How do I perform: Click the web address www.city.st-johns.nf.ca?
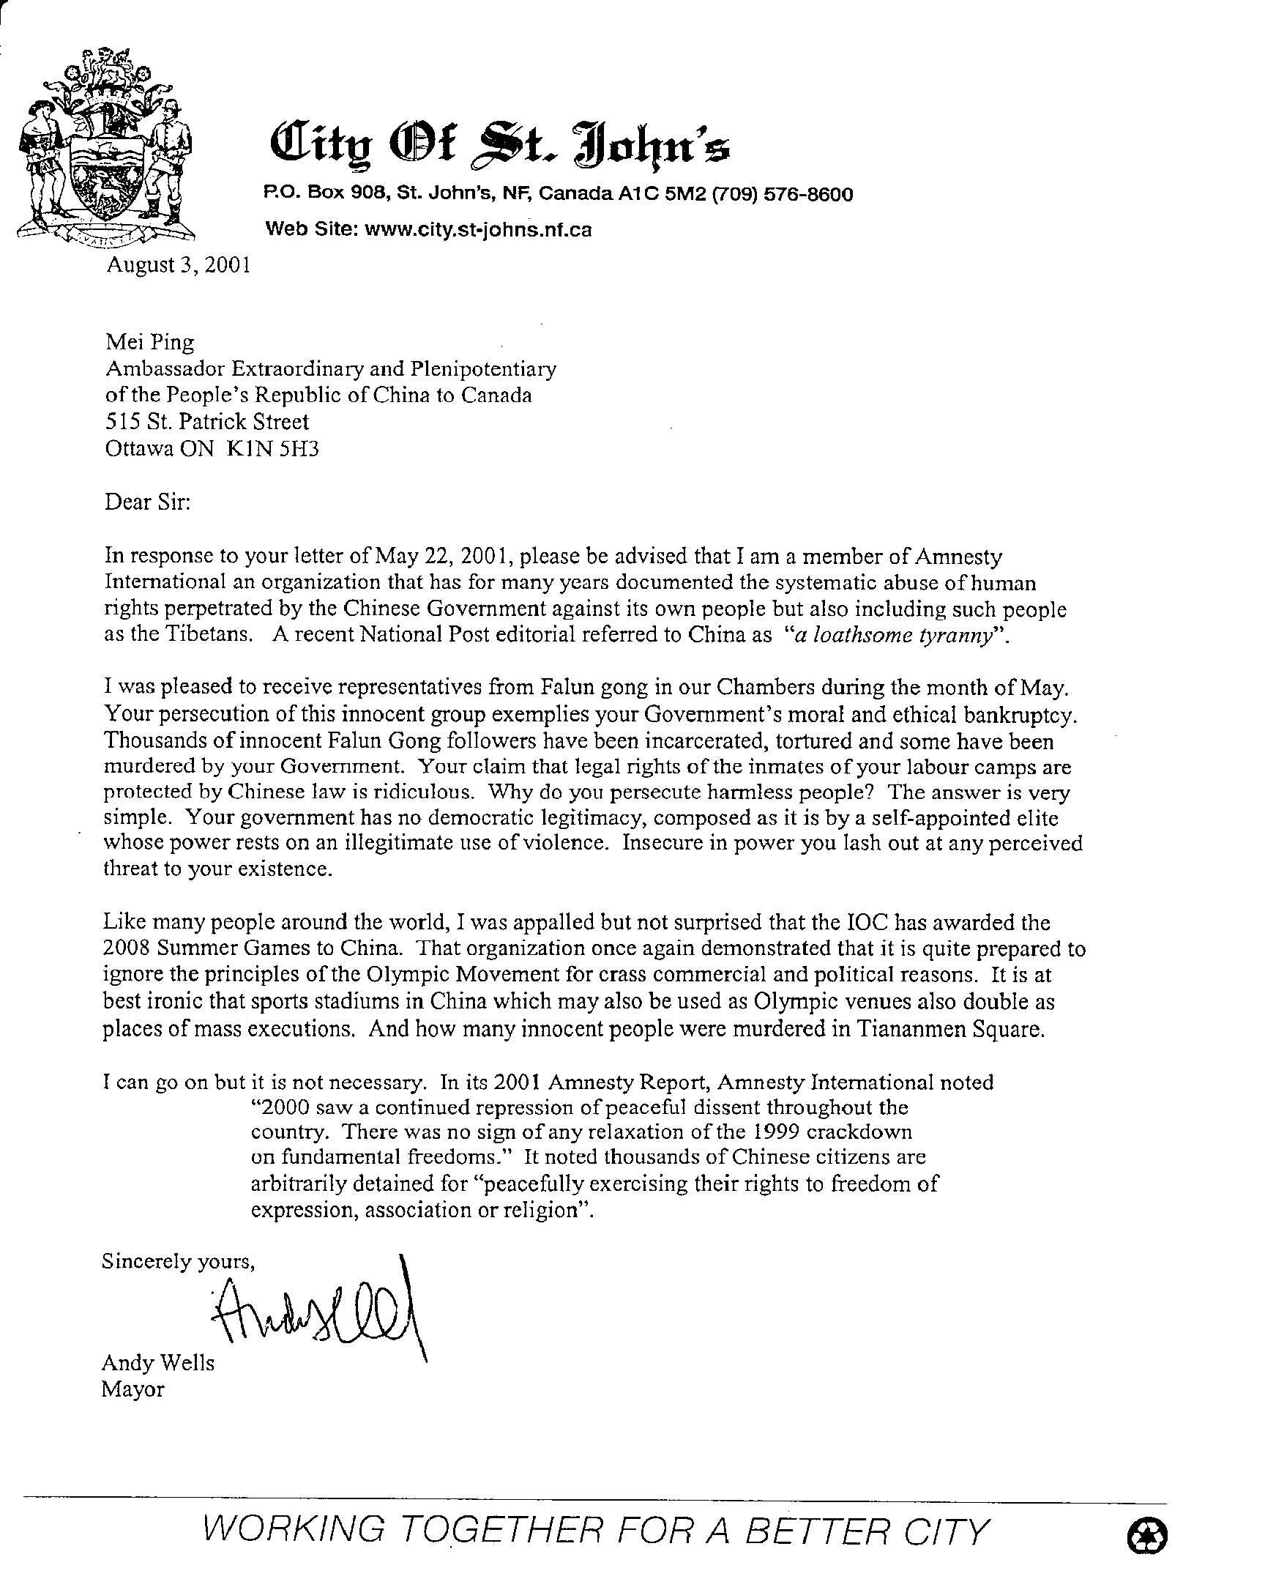tap(477, 230)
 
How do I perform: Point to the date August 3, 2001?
tap(179, 264)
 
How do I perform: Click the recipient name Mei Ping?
tap(151, 342)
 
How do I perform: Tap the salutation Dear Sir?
tap(148, 503)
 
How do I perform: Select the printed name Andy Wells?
tap(158, 1363)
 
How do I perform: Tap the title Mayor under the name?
tap(133, 1389)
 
